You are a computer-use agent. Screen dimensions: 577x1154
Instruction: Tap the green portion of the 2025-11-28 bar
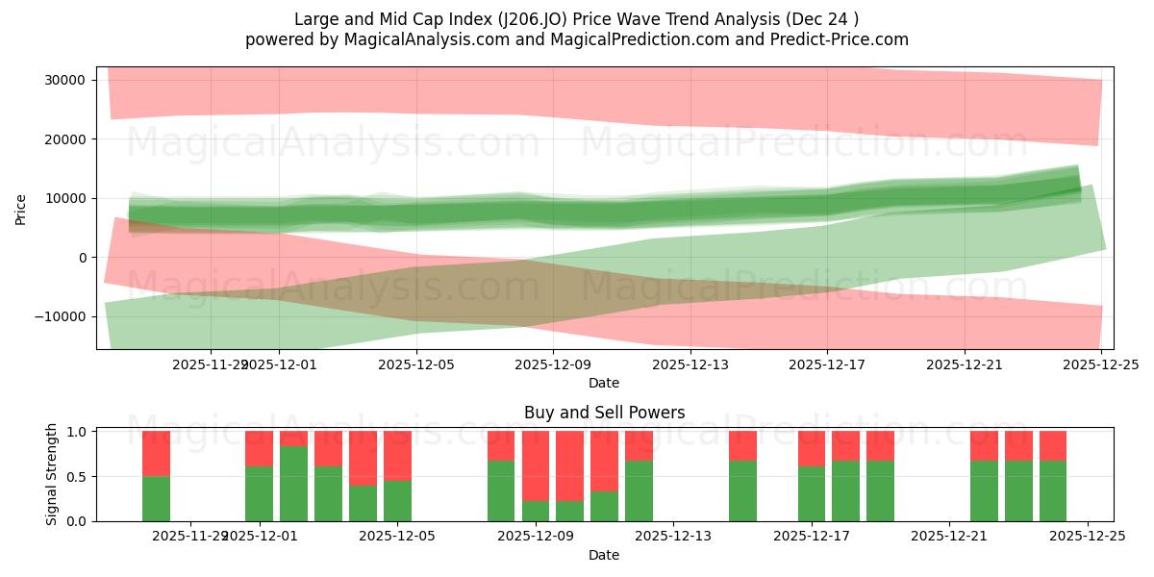(156, 498)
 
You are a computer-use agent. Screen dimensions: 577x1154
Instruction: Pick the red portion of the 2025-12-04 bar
(363, 458)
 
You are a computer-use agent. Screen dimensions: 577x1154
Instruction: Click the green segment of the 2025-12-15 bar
(742, 490)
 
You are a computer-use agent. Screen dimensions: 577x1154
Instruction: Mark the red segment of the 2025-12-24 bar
(1053, 445)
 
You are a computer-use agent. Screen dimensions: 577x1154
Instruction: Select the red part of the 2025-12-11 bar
(604, 461)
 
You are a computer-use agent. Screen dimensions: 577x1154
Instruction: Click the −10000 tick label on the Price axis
(63, 316)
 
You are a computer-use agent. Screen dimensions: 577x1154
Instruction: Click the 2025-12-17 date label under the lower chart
(812, 537)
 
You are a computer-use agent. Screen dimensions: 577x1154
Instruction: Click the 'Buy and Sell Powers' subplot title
(604, 413)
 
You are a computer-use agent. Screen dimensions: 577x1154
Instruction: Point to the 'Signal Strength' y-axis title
(52, 474)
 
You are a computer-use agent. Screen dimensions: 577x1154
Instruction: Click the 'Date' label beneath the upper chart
(604, 383)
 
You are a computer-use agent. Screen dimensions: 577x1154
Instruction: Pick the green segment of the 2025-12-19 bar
(880, 490)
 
